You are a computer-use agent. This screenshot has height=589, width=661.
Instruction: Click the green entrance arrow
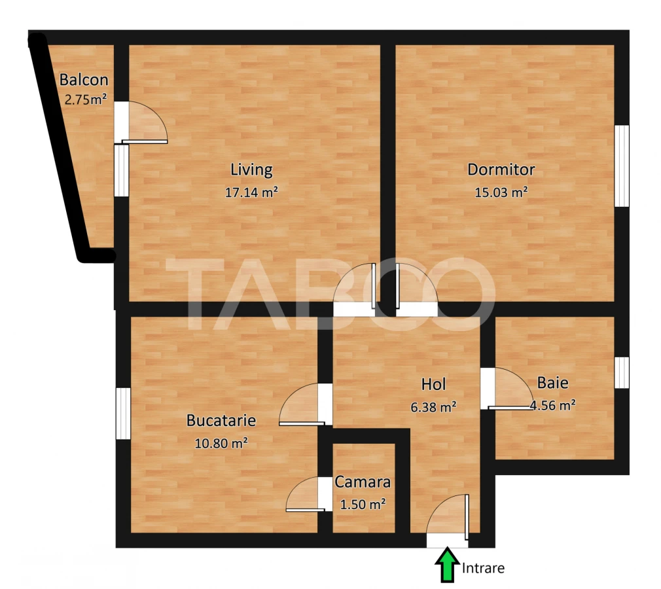click(x=448, y=565)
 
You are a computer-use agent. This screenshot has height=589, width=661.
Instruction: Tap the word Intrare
click(x=484, y=568)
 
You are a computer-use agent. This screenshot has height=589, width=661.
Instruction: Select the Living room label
click(x=251, y=170)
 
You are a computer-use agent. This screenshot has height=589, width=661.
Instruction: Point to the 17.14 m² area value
click(x=251, y=192)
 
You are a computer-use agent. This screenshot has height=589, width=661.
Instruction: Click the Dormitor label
click(x=501, y=170)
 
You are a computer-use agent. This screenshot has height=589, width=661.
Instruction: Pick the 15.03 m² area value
click(x=501, y=192)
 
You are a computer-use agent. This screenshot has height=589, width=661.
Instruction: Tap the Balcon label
click(x=84, y=80)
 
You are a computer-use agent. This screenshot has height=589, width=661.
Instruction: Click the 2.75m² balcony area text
click(x=85, y=100)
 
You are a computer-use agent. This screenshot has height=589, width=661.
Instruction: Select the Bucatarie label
click(x=221, y=420)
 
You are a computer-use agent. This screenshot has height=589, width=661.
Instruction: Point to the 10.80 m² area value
click(x=221, y=443)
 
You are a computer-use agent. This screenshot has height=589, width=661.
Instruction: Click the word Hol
click(x=434, y=384)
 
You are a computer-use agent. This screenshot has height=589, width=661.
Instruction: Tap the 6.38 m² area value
click(x=433, y=407)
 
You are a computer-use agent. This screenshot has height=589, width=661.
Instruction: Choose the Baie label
click(x=552, y=383)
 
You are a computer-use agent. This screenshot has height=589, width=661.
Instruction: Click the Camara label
click(x=363, y=482)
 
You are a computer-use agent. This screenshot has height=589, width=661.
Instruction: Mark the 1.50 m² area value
click(x=363, y=505)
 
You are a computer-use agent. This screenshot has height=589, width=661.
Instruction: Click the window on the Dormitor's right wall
click(x=622, y=166)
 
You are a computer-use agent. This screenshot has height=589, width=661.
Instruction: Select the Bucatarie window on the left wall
click(x=123, y=414)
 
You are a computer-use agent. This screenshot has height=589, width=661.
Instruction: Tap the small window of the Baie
click(x=622, y=372)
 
